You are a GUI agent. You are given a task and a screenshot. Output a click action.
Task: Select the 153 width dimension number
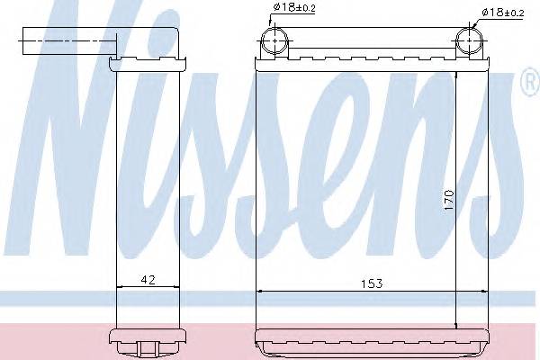click(x=373, y=283)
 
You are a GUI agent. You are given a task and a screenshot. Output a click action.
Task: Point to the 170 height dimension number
click(x=447, y=201)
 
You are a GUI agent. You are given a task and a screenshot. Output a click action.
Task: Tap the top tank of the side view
click(x=149, y=62)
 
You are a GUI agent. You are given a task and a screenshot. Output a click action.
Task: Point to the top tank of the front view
click(x=373, y=61)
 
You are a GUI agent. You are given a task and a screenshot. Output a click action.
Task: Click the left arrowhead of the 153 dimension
click(x=262, y=291)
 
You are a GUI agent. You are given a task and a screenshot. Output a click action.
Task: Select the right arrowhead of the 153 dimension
click(x=484, y=291)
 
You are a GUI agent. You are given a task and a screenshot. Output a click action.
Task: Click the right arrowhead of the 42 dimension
click(x=179, y=286)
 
